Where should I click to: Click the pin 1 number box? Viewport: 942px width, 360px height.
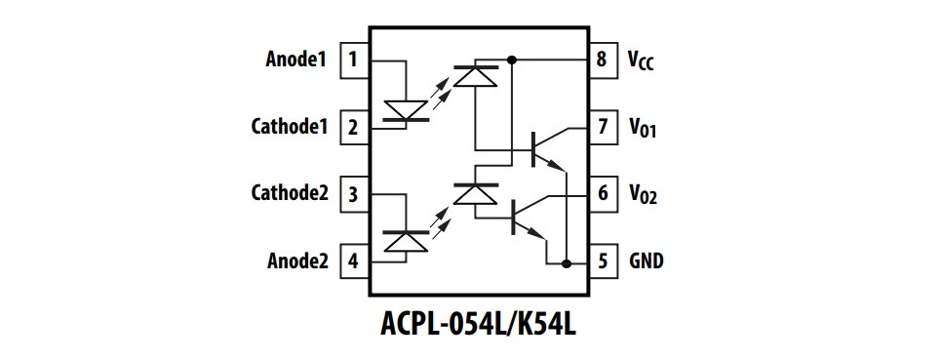(x=352, y=60)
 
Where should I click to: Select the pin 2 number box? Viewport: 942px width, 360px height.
(x=352, y=127)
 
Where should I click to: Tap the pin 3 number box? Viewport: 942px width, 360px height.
(x=352, y=193)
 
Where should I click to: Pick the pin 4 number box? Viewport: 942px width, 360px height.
(x=352, y=261)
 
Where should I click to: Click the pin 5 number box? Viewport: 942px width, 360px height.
(x=602, y=261)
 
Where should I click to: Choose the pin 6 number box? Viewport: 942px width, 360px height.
(x=602, y=193)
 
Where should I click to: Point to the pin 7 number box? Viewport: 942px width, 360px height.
(x=602, y=127)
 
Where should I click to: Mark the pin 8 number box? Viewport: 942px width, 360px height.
(x=602, y=60)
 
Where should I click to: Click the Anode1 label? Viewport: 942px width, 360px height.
(x=294, y=60)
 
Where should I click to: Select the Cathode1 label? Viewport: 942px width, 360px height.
(x=289, y=127)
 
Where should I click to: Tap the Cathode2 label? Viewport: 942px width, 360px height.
(x=289, y=193)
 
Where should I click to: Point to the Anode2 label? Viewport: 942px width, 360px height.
(x=294, y=261)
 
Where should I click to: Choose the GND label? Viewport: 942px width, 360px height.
(x=648, y=261)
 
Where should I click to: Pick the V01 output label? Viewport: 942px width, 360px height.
(x=643, y=128)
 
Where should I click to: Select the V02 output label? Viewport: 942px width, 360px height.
(x=643, y=194)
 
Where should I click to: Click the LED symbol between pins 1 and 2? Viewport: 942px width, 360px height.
(x=404, y=110)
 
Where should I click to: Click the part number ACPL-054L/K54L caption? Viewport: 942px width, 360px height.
(x=478, y=324)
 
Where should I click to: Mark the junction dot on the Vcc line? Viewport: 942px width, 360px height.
(x=513, y=60)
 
